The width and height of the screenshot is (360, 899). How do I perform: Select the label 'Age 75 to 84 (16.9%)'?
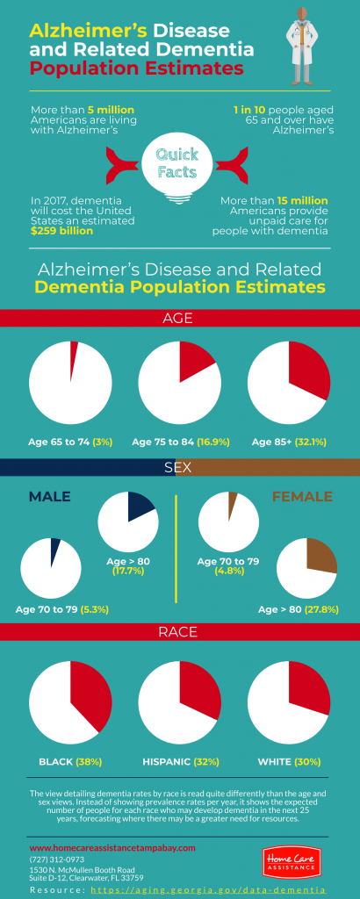pyautogui.click(x=180, y=442)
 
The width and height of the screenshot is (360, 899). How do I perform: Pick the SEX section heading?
pyautogui.click(x=179, y=467)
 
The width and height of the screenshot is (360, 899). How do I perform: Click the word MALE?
pyautogui.click(x=49, y=497)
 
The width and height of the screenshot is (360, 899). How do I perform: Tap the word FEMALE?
pyautogui.click(x=302, y=497)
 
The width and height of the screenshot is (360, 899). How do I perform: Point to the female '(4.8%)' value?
pyautogui.click(x=227, y=571)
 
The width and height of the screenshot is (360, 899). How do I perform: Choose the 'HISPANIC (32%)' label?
pyautogui.click(x=180, y=761)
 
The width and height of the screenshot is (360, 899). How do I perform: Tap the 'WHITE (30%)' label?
pyautogui.click(x=290, y=761)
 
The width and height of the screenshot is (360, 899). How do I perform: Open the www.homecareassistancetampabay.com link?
pyautogui.click(x=112, y=848)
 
